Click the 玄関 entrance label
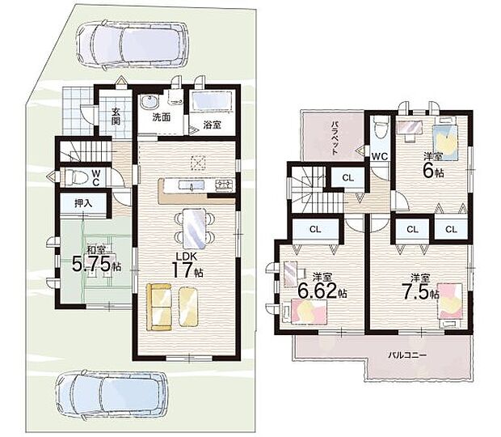pyautogui.click(x=116, y=117)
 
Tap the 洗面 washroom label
pyautogui.click(x=162, y=117)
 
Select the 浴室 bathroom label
pyautogui.click(x=212, y=125)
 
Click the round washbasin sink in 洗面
pyautogui.click(x=149, y=102)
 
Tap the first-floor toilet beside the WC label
pyautogui.click(x=74, y=176)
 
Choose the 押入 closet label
pyautogui.click(x=83, y=203)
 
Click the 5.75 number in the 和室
pyautogui.click(x=91, y=263)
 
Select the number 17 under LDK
pyautogui.click(x=183, y=269)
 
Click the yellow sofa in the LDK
pyautogui.click(x=159, y=307)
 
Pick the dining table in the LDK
pyautogui.click(x=195, y=228)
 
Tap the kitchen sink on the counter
pyautogui.click(x=192, y=185)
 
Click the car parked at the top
pyautogui.click(x=133, y=45)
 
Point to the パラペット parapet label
pyautogui.click(x=335, y=138)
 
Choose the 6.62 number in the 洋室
pyautogui.click(x=317, y=291)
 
